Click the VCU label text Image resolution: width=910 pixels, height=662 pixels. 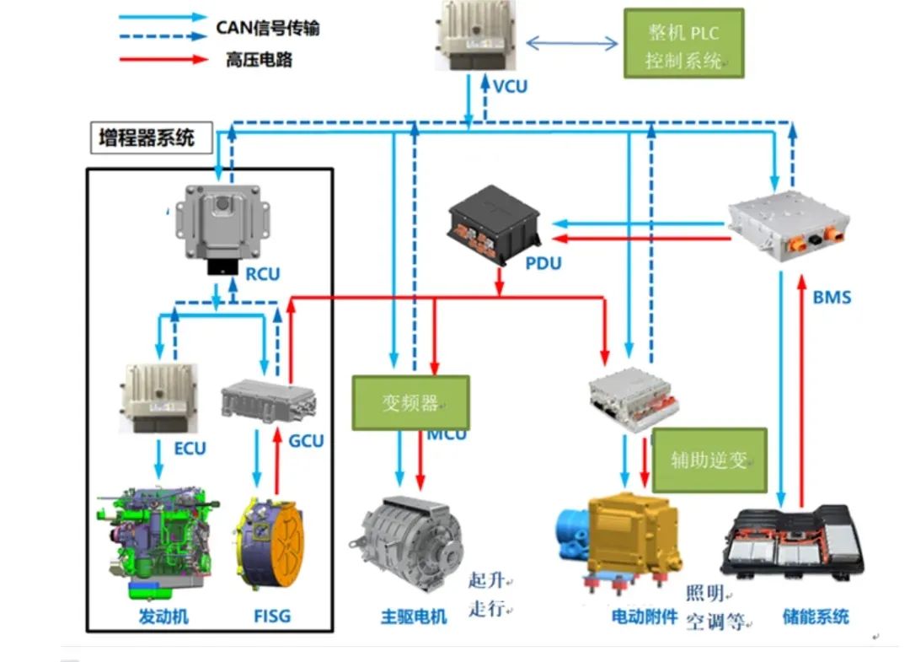point(510,86)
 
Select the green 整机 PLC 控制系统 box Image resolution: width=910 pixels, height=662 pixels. point(683,44)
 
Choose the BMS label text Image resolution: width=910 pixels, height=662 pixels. point(832,297)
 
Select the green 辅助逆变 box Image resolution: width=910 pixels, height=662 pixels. point(709,460)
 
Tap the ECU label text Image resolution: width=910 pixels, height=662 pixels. point(190,448)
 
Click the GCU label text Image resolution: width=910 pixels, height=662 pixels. point(306,440)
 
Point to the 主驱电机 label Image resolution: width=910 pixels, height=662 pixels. point(413,616)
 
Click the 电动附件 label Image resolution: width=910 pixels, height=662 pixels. point(645,616)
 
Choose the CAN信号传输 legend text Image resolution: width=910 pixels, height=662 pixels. point(268,28)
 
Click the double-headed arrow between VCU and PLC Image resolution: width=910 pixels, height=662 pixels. point(572,42)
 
